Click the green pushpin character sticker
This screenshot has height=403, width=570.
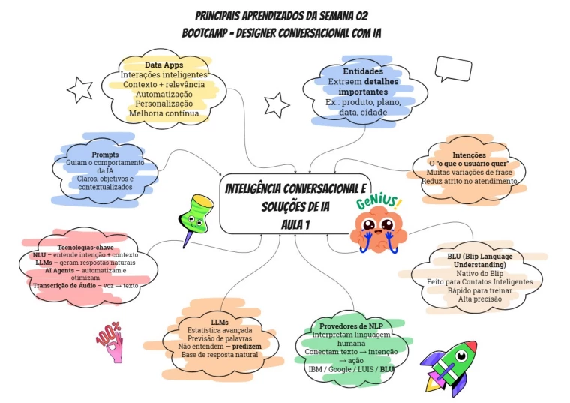tap(194, 218)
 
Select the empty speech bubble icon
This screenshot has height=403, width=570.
tap(453, 70)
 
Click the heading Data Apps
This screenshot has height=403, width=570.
tap(163, 65)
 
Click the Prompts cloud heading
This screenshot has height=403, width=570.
tap(105, 155)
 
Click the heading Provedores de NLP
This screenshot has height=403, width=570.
tap(352, 327)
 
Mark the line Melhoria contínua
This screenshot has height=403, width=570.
tap(163, 113)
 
